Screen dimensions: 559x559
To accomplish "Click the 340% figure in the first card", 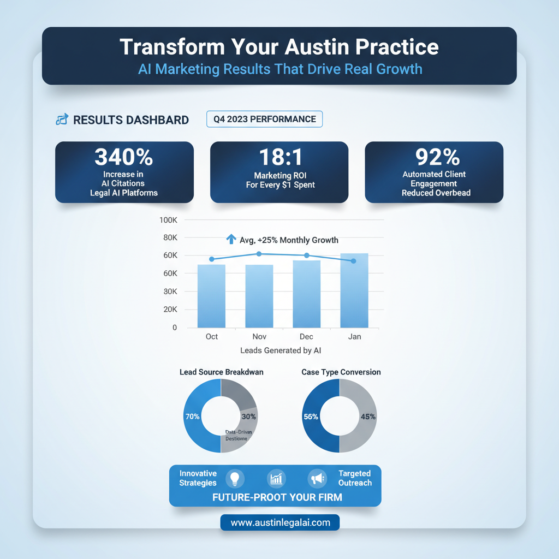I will [x=124, y=157].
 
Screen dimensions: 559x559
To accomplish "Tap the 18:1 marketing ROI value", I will [x=279, y=157].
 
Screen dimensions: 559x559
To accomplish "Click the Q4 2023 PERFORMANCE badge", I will [x=265, y=119].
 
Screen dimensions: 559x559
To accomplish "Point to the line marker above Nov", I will [x=259, y=254].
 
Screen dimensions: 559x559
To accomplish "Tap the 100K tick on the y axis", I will [x=168, y=220].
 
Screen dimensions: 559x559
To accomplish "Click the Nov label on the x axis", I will [x=259, y=337].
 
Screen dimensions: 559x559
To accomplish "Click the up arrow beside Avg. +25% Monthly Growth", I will [x=230, y=239].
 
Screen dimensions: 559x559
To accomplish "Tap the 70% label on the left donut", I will [x=193, y=416].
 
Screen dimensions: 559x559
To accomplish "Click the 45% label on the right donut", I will [x=368, y=417].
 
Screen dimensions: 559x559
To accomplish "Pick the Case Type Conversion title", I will [x=341, y=372].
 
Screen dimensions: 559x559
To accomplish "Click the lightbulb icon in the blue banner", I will [x=235, y=478].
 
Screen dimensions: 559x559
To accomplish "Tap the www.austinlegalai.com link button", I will [x=280, y=522].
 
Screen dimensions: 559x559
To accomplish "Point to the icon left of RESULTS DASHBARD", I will [x=62, y=120].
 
